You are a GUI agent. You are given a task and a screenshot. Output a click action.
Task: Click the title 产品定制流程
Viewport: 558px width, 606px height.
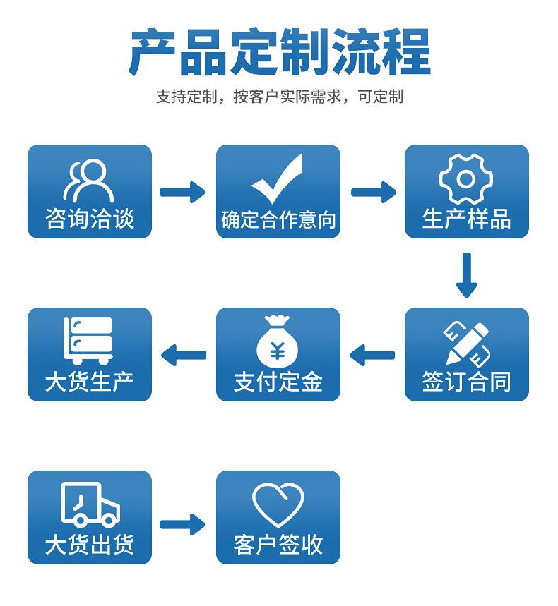pyautogui.click(x=279, y=52)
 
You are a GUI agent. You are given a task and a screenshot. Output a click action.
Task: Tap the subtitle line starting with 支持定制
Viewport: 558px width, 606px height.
pyautogui.click(x=279, y=97)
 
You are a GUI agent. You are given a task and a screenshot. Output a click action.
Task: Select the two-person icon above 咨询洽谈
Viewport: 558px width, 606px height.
pyautogui.click(x=89, y=180)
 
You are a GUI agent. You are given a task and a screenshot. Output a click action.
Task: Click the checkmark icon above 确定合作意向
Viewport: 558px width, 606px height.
pyautogui.click(x=278, y=179)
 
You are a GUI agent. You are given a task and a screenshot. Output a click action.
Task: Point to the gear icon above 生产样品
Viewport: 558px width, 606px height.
pyautogui.click(x=466, y=179)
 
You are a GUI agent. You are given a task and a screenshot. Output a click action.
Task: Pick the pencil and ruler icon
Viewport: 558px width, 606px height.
pyautogui.click(x=466, y=342)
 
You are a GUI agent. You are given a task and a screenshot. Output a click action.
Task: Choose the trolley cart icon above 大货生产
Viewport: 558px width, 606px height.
pyautogui.click(x=89, y=341)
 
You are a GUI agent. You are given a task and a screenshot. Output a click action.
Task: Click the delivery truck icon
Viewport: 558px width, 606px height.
pyautogui.click(x=90, y=505)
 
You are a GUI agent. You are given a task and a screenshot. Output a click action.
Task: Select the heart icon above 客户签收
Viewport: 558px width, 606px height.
pyautogui.click(x=278, y=505)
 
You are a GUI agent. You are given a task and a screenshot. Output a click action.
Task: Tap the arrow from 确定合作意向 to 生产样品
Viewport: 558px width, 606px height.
pyautogui.click(x=373, y=192)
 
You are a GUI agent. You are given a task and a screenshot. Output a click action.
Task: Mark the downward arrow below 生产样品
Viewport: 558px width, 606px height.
pyautogui.click(x=466, y=274)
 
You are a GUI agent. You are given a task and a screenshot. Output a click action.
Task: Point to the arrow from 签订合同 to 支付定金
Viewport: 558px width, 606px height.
pyautogui.click(x=372, y=355)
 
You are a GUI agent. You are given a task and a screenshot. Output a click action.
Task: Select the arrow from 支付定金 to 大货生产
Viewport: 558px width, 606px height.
pyautogui.click(x=184, y=355)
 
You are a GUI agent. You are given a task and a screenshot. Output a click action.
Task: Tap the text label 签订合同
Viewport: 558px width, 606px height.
pyautogui.click(x=466, y=382)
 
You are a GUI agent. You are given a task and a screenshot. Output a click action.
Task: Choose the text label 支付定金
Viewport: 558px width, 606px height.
pyautogui.click(x=278, y=382)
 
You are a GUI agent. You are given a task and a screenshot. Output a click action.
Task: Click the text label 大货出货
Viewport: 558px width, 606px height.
pyautogui.click(x=89, y=545)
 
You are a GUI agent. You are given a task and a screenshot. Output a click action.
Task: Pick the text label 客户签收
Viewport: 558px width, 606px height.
pyautogui.click(x=278, y=545)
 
